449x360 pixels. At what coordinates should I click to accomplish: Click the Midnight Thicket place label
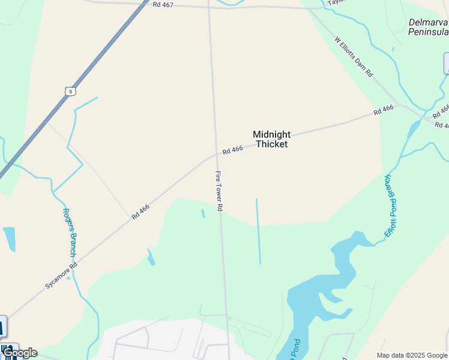click(x=271, y=139)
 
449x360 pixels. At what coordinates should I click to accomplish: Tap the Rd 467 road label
click(x=163, y=4)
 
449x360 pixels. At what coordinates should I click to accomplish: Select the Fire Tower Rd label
click(x=219, y=191)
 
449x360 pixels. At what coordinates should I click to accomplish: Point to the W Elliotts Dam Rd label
click(x=354, y=58)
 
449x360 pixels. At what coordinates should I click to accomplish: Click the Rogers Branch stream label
click(x=68, y=232)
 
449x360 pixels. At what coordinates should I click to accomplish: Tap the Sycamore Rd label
click(x=61, y=275)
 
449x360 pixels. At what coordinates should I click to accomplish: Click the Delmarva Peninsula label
click(x=428, y=26)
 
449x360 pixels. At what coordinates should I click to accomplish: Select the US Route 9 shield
click(x=71, y=91)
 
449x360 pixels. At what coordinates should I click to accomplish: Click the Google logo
click(x=19, y=353)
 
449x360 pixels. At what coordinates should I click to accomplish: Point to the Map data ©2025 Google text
click(x=412, y=355)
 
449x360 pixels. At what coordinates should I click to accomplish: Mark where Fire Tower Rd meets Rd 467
click(x=209, y=7)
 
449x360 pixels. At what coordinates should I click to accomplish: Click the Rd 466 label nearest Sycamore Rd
click(x=140, y=211)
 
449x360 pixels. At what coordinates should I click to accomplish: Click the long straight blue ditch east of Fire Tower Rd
click(x=258, y=231)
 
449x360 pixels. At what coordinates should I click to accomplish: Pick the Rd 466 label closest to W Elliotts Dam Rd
click(x=383, y=110)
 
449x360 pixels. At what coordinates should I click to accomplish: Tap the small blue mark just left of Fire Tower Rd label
click(x=203, y=213)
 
